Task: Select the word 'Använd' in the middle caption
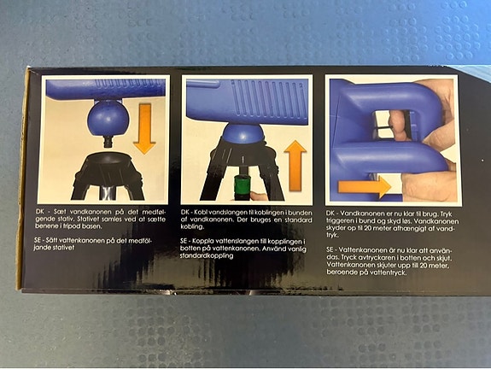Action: (273, 249)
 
